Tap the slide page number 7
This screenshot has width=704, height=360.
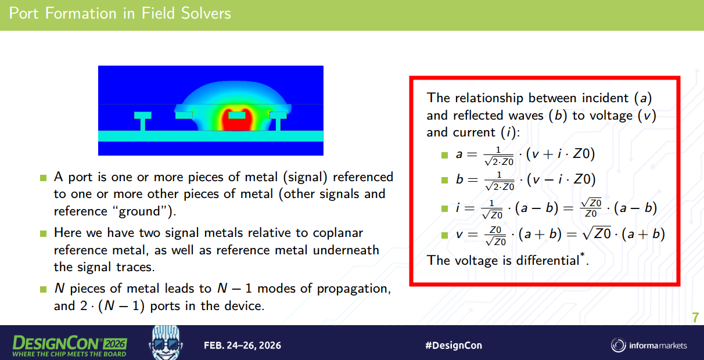695,318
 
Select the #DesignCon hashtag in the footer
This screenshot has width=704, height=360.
454,345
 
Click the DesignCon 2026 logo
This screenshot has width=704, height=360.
70,346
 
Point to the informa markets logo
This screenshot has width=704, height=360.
649,345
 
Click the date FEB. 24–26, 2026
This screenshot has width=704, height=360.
242,345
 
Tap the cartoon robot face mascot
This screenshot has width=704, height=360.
166,343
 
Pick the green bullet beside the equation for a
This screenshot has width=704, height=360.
444,155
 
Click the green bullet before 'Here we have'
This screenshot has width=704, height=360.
44,234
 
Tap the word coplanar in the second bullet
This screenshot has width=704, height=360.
338,233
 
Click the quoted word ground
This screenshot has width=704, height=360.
142,211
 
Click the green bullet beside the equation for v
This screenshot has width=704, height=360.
444,235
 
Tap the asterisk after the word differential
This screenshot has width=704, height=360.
583,254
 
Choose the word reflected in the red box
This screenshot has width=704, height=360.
498,116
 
